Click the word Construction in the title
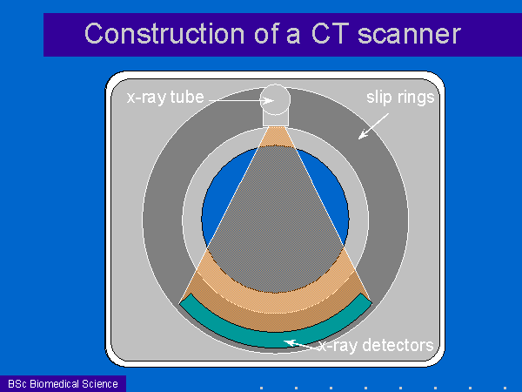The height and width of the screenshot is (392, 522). click(x=165, y=34)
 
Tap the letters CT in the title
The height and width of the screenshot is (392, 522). click(x=331, y=34)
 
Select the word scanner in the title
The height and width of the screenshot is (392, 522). click(x=409, y=34)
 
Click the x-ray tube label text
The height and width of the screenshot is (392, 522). click(x=165, y=98)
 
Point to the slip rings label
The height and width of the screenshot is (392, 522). click(x=400, y=98)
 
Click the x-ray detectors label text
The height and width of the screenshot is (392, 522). click(x=376, y=345)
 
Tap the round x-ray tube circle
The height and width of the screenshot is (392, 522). click(x=275, y=99)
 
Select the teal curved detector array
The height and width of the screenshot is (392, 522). click(x=275, y=336)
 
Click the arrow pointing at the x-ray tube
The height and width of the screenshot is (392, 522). click(x=241, y=100)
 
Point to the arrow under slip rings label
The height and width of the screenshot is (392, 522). click(x=373, y=126)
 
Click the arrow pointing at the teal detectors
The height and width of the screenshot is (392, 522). click(x=301, y=345)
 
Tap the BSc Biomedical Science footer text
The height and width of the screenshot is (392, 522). click(x=63, y=383)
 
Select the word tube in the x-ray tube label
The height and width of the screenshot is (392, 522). click(x=187, y=97)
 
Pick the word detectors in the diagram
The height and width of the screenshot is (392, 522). click(x=398, y=345)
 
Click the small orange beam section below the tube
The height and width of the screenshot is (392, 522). click(x=276, y=137)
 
